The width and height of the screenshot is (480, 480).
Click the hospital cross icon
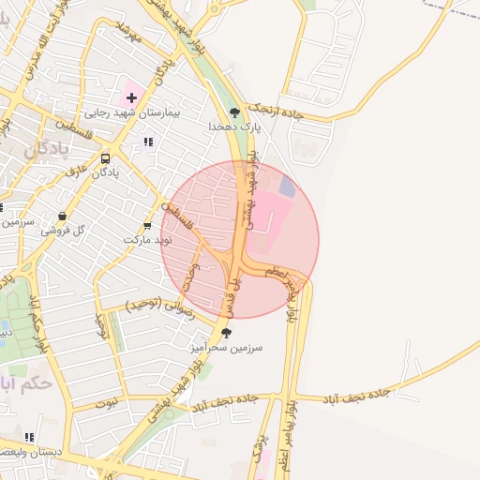pyautogui.click(x=131, y=97)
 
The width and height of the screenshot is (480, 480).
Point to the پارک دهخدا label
pyautogui.click(x=234, y=126)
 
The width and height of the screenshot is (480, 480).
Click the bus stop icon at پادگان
pyautogui.click(x=104, y=158)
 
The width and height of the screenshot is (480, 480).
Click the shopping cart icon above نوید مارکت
pyautogui.click(x=147, y=225)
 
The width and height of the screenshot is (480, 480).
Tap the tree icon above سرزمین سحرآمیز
pyautogui.click(x=226, y=332)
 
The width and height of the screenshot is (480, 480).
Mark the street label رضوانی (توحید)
pyautogui.click(x=160, y=307)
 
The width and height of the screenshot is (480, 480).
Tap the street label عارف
pyautogui.click(x=75, y=172)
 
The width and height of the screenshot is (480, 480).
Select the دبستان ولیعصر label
pyautogui.click(x=32, y=452)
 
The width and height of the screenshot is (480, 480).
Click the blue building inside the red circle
pyautogui.click(x=287, y=187)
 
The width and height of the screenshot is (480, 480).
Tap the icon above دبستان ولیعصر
pyautogui.click(x=30, y=437)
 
